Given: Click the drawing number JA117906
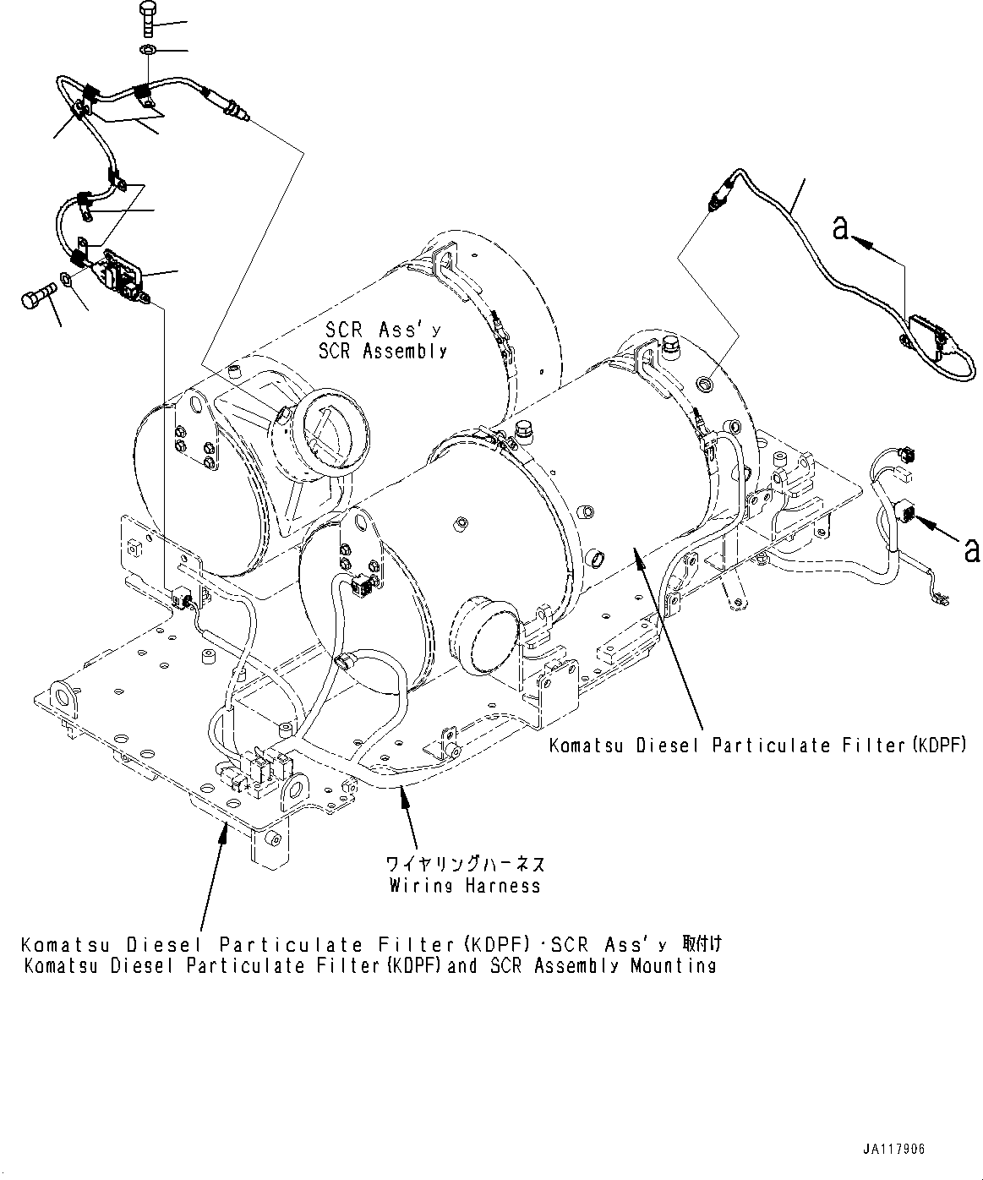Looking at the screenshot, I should (894, 1150).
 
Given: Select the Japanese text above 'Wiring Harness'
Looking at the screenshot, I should (465, 865).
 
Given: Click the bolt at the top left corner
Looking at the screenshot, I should (145, 14).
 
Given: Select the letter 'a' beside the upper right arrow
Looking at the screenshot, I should (841, 227).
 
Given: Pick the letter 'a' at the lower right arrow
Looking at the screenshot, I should (971, 550).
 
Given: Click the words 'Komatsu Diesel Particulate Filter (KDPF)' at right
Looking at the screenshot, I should (757, 746).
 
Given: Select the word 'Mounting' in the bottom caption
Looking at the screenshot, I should (673, 965).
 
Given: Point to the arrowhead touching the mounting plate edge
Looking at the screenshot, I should (225, 833).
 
